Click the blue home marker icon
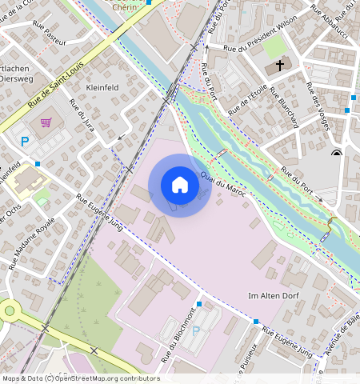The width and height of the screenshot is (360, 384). [180, 185]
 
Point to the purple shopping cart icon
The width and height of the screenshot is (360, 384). [46, 122]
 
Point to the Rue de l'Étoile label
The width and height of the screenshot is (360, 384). [248, 98]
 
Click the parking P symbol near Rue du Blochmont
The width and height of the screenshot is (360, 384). [196, 330]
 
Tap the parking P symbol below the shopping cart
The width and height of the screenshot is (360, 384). [25, 141]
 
